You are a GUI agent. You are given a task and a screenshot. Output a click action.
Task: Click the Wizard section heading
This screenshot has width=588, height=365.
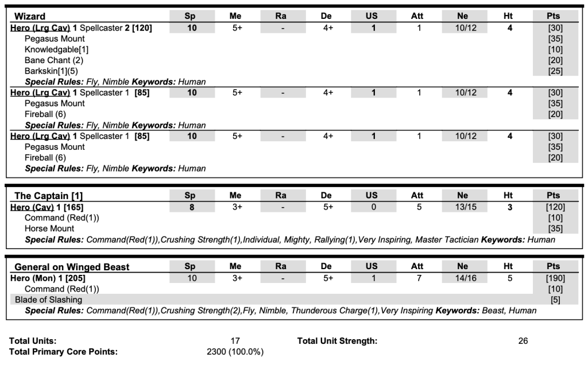(29, 16)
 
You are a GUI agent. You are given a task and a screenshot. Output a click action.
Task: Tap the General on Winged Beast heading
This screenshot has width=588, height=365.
(72, 267)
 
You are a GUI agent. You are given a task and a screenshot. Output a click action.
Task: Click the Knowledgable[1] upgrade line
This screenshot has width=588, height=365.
(56, 49)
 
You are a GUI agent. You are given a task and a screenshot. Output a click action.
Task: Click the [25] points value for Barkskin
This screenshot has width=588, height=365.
(555, 71)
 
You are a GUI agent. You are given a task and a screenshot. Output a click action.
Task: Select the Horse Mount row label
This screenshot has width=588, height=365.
(49, 228)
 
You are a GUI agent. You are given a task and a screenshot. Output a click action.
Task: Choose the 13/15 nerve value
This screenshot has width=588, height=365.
(463, 207)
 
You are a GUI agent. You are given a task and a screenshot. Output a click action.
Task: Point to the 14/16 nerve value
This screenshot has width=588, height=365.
(463, 278)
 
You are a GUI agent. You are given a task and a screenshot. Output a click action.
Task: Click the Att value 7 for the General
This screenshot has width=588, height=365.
(417, 278)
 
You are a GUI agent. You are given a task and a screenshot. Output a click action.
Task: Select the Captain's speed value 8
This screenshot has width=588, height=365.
(192, 207)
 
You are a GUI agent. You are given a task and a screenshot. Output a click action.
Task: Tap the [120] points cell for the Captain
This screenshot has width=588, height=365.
(555, 207)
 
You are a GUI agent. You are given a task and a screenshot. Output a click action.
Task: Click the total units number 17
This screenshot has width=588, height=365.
(235, 341)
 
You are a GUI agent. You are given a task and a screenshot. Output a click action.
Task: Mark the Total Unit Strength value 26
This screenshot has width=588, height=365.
(523, 341)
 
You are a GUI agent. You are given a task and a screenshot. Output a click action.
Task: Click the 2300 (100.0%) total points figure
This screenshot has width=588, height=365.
(235, 352)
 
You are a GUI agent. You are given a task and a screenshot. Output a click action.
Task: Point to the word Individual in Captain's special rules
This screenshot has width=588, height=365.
(261, 240)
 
